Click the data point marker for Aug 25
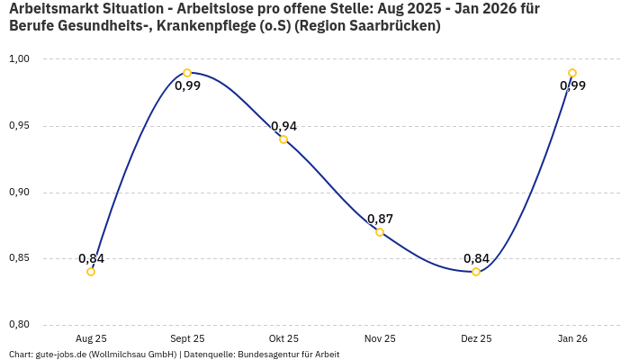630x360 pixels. pyautogui.click(x=91, y=272)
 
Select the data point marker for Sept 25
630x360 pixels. pyautogui.click(x=187, y=73)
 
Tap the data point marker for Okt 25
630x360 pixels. pyautogui.click(x=283, y=139)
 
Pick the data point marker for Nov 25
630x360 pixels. pyautogui.click(x=380, y=232)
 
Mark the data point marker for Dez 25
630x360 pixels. pyautogui.click(x=476, y=272)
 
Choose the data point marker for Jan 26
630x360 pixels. pyautogui.click(x=572, y=73)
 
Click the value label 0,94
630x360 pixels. pyautogui.click(x=283, y=126)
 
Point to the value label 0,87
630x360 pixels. pyautogui.click(x=380, y=219)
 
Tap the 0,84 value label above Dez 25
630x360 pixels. pyautogui.click(x=476, y=258)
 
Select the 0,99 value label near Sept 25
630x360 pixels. pyautogui.click(x=187, y=86)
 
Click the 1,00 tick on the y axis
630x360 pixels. pyautogui.click(x=20, y=59)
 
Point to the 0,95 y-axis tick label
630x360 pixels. pyautogui.click(x=20, y=126)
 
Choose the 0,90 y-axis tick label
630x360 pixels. pyautogui.click(x=20, y=193)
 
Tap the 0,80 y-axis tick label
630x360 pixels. pyautogui.click(x=20, y=325)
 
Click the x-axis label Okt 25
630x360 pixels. pyautogui.click(x=283, y=338)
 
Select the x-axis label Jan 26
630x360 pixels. pyautogui.click(x=572, y=338)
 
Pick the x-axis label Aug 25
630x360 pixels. pyautogui.click(x=91, y=338)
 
